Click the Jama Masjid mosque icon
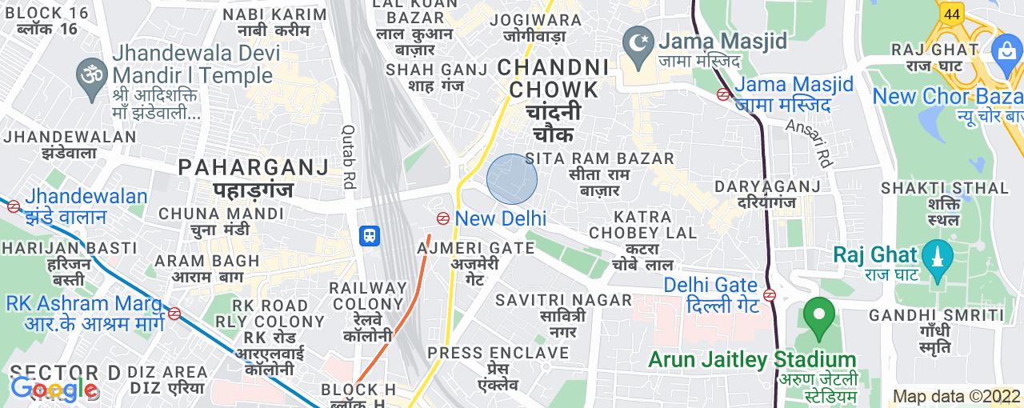pyautogui.click(x=638, y=40)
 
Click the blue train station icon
pyautogui.click(x=369, y=235)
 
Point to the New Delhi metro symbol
pyautogui.click(x=442, y=218)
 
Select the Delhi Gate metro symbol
pyautogui.click(x=770, y=294)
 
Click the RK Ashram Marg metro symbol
pyautogui.click(x=174, y=313)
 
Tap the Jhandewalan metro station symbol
pyautogui.click(x=13, y=206)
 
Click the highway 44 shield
pyautogui.click(x=951, y=14)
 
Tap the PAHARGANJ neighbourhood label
pyautogui.click(x=254, y=168)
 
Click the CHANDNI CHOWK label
pyautogui.click(x=554, y=78)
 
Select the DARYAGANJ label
pyautogui.click(x=768, y=186)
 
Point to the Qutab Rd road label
pyautogui.click(x=348, y=156)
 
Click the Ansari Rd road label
pyautogui.click(x=810, y=143)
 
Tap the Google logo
pyautogui.click(x=54, y=390)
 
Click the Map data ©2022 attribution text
pyautogui.click(x=957, y=396)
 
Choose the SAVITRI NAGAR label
pyautogui.click(x=563, y=300)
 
